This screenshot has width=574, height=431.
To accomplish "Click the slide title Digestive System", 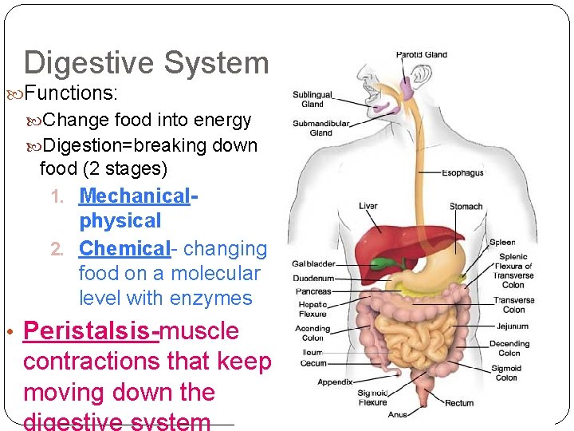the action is pyautogui.click(x=147, y=62).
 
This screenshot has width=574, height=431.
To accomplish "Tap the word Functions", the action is pyautogui.click(x=71, y=93).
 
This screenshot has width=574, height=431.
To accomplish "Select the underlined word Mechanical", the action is pyautogui.click(x=135, y=196).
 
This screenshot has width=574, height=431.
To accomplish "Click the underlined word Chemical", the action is pyautogui.click(x=124, y=248).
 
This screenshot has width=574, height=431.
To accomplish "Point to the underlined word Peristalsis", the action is pyautogui.click(x=91, y=330).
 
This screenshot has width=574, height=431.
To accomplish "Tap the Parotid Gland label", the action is pyautogui.click(x=422, y=55).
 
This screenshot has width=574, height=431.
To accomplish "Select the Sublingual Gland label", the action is pyautogui.click(x=313, y=99).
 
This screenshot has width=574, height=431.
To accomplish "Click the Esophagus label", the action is pyautogui.click(x=462, y=172).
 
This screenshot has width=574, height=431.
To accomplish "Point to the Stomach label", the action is pyautogui.click(x=466, y=206).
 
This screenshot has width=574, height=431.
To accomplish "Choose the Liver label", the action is pyautogui.click(x=368, y=206).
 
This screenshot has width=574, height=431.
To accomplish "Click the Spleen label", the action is pyautogui.click(x=502, y=242).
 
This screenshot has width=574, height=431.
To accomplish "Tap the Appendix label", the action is pyautogui.click(x=335, y=382).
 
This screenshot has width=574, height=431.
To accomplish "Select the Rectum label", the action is pyautogui.click(x=459, y=403).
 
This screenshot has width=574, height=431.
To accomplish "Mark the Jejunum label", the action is pyautogui.click(x=512, y=326).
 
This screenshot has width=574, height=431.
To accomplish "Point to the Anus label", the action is pyautogui.click(x=397, y=414).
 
